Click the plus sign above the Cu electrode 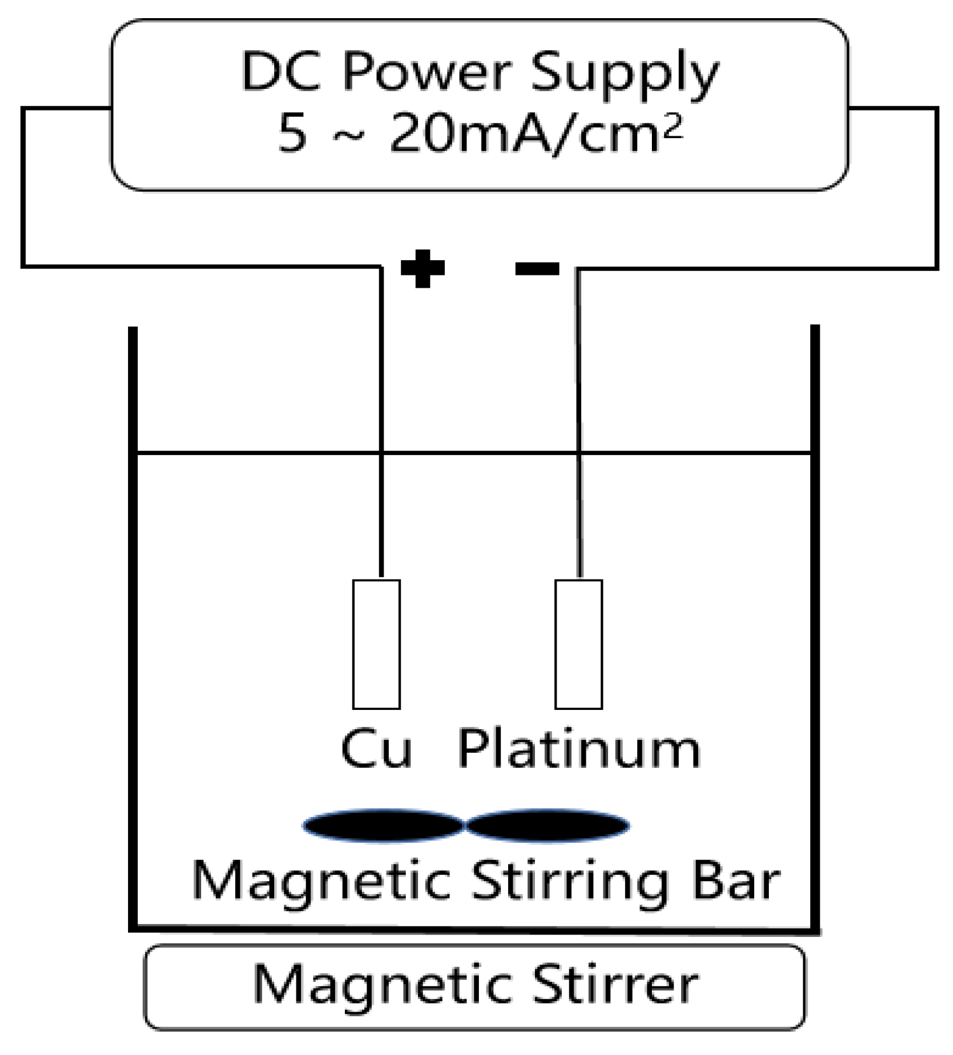click(423, 268)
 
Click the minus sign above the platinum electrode click(537, 268)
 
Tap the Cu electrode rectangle click(377, 644)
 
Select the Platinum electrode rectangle click(578, 644)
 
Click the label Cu click(377, 749)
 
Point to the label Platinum click(579, 749)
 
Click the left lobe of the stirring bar click(383, 825)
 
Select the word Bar click(736, 880)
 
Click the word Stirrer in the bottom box click(616, 984)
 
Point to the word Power click(427, 72)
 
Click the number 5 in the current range click(292, 133)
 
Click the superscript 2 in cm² click(673, 125)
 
